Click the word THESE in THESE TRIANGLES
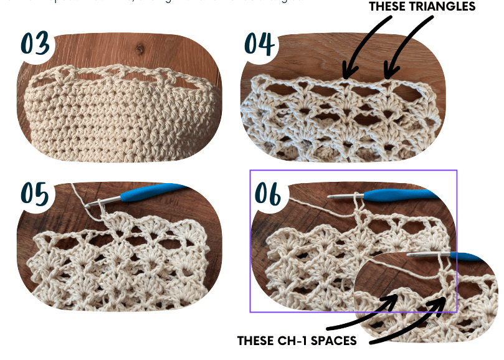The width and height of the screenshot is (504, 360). [x=389, y=7]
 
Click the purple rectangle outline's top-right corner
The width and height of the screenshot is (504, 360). [x=457, y=170]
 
